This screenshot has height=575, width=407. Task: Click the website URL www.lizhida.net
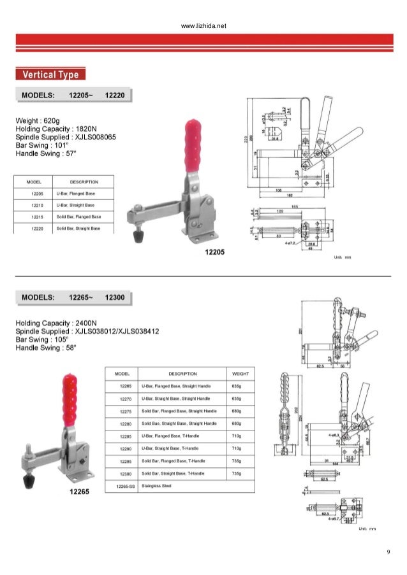[204, 27]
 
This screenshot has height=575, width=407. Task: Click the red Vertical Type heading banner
[51, 75]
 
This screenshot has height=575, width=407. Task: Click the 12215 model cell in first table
[36, 217]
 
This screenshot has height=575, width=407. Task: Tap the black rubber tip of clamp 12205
[136, 237]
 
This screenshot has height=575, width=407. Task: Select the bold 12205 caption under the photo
[214, 253]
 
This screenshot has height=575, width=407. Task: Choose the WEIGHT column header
[241, 374]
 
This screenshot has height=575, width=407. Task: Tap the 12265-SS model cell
[125, 485]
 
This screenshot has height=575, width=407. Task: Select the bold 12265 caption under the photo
[80, 493]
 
